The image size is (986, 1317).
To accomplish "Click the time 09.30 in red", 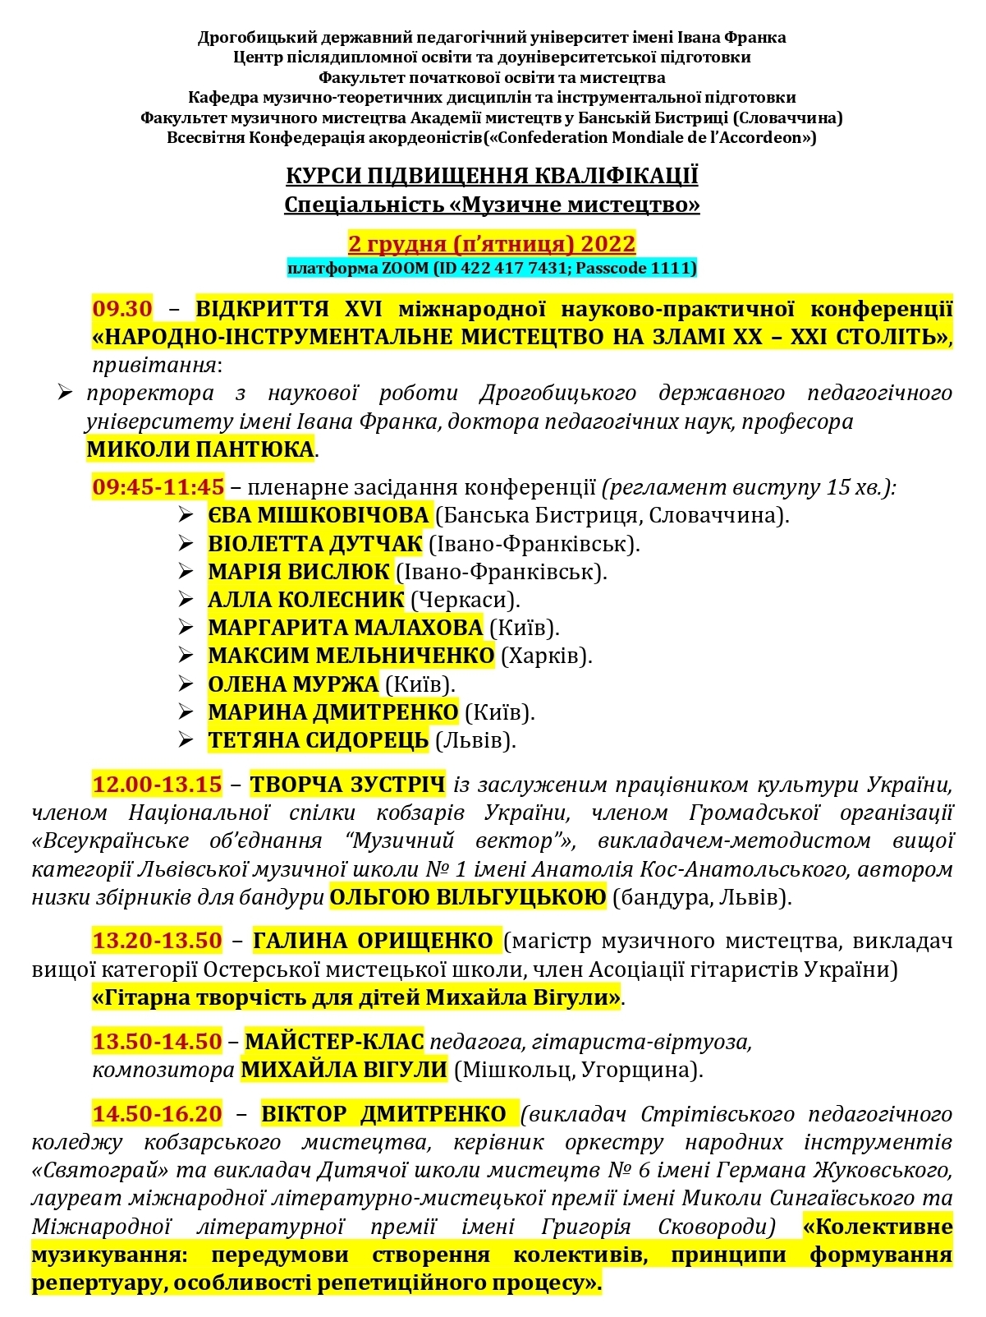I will coord(122,309).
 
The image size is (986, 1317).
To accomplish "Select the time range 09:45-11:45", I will coord(158,487).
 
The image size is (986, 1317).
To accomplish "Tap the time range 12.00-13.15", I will coord(157,785).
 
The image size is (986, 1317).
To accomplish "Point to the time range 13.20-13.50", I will coord(157,941).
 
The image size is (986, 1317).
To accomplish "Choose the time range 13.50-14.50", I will coord(157,1042).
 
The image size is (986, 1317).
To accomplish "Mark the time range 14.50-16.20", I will coord(157,1114).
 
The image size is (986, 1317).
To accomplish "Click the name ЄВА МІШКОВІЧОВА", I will coord(319,515).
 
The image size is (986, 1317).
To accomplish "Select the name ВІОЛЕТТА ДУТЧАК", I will coord(315,544).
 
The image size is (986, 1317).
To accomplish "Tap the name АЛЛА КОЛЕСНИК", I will coord(306,600).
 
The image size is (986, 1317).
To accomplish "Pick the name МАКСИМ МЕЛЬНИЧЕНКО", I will coord(351,656).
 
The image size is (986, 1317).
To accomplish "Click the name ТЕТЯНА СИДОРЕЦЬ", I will coord(319,740).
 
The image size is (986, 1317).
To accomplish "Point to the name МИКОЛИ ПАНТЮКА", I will coord(200,449).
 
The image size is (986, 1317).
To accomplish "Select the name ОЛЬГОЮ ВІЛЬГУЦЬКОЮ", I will coord(468,896).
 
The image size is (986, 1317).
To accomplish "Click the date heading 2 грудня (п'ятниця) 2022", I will coord(492,244).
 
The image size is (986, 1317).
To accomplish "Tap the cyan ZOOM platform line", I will coord(492,268).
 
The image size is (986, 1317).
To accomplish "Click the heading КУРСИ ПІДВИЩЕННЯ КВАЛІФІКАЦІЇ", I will coord(492,177).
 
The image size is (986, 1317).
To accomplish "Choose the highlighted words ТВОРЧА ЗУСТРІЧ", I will coord(347,785).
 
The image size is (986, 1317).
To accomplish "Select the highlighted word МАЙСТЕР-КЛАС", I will coord(334,1042).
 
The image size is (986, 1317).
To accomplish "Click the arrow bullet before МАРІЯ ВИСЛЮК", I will coord(186,571).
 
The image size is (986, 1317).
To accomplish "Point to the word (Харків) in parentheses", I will coord(546,656).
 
